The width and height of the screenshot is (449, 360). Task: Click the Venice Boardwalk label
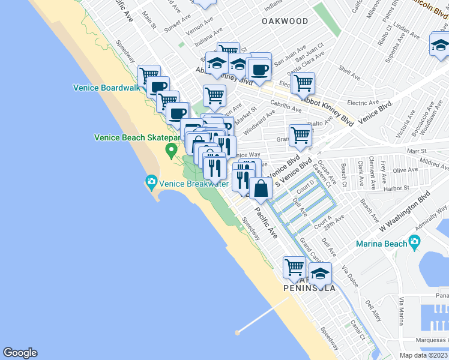106,88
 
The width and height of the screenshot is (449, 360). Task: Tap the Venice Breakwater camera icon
151,181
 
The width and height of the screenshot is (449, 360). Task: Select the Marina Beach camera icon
414,242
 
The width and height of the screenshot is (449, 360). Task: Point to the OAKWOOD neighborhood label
285,21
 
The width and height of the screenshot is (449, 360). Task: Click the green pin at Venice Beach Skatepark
171,149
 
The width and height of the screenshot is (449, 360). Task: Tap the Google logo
20,353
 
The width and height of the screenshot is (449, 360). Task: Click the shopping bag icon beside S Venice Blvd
261,189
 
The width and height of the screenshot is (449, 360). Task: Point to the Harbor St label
396,187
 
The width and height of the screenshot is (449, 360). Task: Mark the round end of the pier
238,331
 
